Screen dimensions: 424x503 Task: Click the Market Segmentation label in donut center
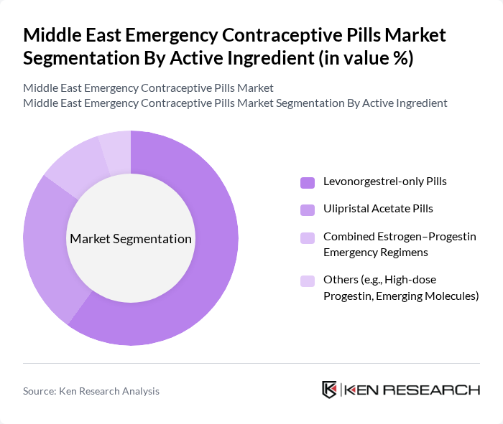(130, 239)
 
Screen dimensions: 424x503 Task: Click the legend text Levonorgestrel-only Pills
(384, 182)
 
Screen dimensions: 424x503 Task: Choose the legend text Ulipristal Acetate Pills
(378, 209)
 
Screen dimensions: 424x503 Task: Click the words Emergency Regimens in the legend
(376, 252)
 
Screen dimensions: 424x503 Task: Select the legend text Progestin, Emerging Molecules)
(401, 296)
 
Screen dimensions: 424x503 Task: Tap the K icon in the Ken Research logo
(330, 390)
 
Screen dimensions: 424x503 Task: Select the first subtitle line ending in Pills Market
(148, 88)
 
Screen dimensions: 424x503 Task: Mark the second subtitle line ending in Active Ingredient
(235, 103)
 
